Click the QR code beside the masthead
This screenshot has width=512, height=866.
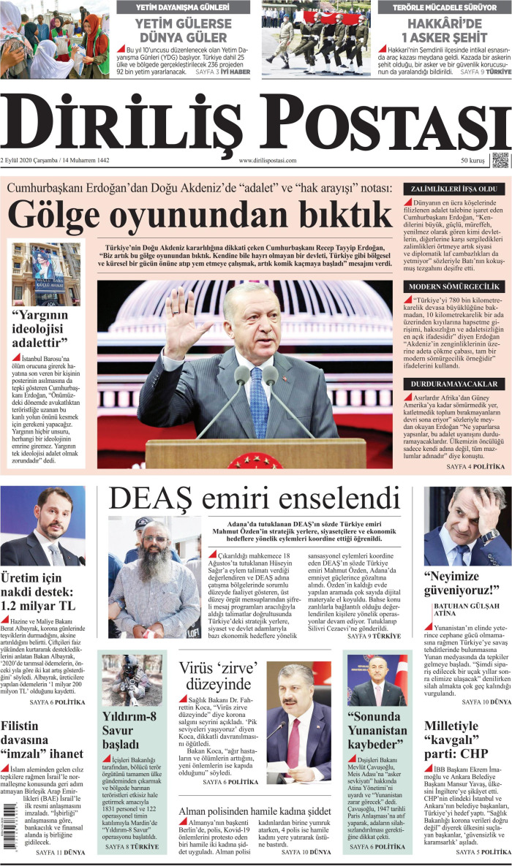click(500, 160)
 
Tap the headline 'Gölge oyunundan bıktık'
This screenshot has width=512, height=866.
click(200, 214)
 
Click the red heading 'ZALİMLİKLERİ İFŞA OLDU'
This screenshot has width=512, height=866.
click(454, 188)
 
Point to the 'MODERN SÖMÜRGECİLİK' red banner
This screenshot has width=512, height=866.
click(454, 286)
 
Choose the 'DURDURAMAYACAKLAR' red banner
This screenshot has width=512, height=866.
click(454, 384)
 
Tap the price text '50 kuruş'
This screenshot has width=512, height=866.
click(473, 161)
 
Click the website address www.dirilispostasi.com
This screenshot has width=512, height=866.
click(268, 161)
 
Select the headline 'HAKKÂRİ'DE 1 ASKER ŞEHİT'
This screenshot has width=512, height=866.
click(443, 31)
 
